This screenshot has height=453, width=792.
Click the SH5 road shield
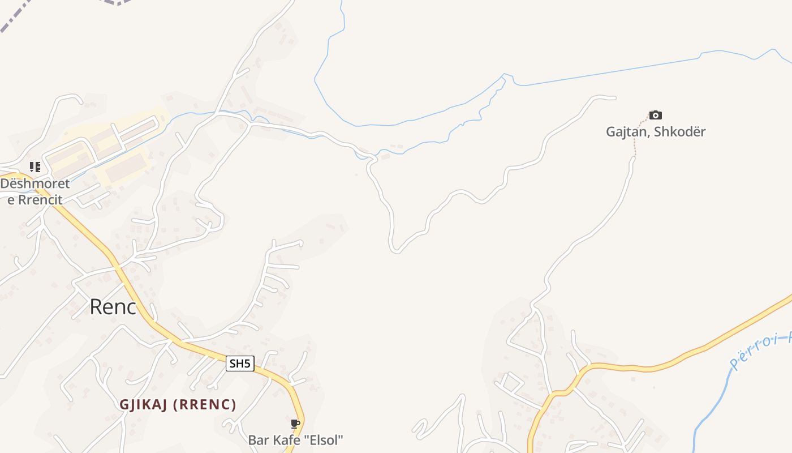240,364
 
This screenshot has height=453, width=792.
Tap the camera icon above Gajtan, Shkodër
655,115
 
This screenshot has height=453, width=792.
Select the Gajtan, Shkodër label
656,132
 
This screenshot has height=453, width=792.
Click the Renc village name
113,307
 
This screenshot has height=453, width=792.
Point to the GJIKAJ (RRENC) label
178,405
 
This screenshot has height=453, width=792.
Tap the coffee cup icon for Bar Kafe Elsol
295,424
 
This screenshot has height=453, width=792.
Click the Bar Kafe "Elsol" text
295,440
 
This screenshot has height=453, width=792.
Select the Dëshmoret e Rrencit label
35,191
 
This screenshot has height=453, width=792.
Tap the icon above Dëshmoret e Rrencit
35,167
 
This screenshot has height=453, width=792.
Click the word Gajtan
626,132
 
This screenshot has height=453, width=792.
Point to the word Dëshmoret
35,183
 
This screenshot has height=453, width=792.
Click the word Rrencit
40,199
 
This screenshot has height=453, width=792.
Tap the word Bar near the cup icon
257,440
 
